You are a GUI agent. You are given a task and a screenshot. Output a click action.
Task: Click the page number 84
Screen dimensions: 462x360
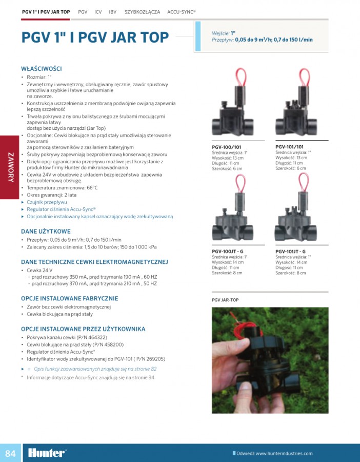click(10, 453)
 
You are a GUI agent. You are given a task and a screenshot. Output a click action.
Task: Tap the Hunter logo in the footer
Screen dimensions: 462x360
click(47, 453)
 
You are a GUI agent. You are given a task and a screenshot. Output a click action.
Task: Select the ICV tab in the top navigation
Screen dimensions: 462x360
click(97, 11)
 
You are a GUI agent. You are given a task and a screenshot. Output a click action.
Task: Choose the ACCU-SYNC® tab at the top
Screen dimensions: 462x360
click(182, 11)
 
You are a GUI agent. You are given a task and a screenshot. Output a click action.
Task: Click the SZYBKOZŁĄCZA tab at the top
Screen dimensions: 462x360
click(142, 11)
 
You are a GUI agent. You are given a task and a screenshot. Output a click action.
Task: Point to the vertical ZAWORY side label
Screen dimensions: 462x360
click(10, 167)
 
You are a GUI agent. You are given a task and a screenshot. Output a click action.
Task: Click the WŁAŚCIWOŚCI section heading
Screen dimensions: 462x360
click(41, 68)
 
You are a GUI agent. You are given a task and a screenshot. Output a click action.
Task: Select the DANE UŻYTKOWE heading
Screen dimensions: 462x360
click(46, 232)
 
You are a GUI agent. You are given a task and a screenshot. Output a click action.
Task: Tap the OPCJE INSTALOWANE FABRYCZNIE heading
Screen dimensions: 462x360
click(69, 298)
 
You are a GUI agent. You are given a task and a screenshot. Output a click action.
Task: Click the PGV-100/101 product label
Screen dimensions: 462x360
click(226, 147)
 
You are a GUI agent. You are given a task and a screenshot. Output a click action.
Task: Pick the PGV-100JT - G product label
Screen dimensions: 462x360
click(228, 252)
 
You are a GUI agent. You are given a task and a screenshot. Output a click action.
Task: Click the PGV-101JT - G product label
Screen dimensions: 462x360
click(291, 252)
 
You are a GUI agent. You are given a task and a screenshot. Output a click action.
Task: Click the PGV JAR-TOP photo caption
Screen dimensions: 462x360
click(225, 300)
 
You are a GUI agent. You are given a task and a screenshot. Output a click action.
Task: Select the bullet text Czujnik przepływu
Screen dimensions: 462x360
click(47, 202)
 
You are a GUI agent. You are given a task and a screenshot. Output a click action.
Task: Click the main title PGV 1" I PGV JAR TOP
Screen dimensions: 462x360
click(95, 37)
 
